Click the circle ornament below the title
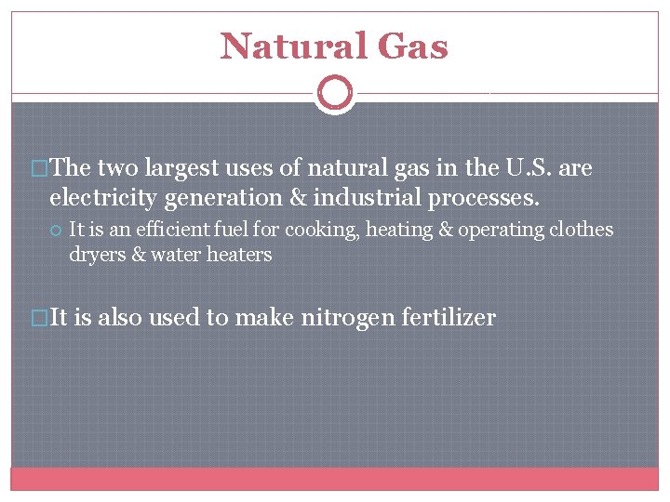click(x=335, y=93)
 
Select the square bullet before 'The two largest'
click(x=40, y=169)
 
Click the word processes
click(x=493, y=198)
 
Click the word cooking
click(x=325, y=230)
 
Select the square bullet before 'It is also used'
click(x=40, y=318)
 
